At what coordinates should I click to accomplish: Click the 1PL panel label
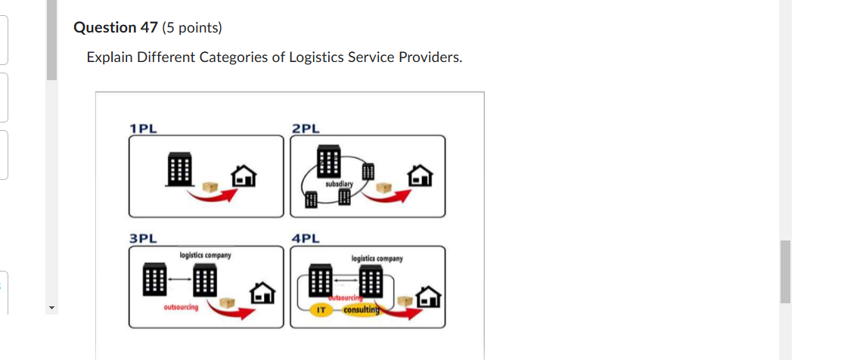pyautogui.click(x=143, y=128)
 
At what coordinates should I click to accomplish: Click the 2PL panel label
pyautogui.click(x=306, y=128)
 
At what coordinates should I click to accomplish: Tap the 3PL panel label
pyautogui.click(x=143, y=238)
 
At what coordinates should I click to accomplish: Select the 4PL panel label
pyautogui.click(x=306, y=238)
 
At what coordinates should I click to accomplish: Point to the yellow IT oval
pyautogui.click(x=321, y=311)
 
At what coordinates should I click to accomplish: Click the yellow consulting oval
pyautogui.click(x=362, y=311)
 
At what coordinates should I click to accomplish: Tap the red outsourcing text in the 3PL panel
pyautogui.click(x=181, y=308)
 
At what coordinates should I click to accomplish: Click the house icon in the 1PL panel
pyautogui.click(x=244, y=177)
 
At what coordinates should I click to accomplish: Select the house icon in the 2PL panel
pyautogui.click(x=421, y=177)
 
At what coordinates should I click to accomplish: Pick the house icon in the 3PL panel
pyautogui.click(x=263, y=293)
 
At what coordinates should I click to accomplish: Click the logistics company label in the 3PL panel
pyautogui.click(x=205, y=256)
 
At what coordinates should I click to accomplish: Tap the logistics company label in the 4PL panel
pyautogui.click(x=377, y=259)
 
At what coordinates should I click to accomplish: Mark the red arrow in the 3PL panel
pyautogui.click(x=231, y=311)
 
